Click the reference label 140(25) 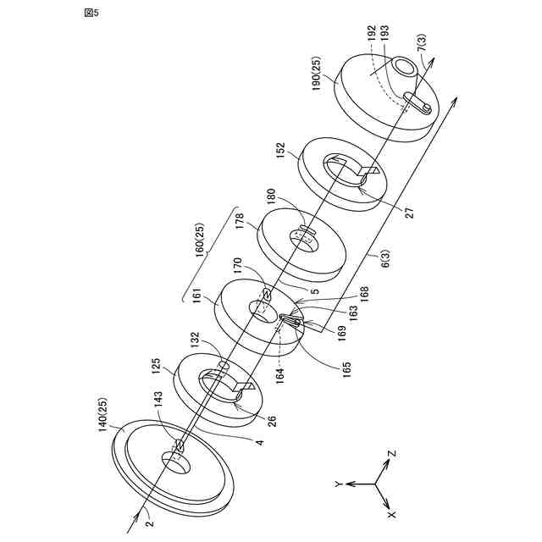tap(105, 416)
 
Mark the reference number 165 tap(345, 367)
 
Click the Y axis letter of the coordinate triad tap(337, 484)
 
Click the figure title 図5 tap(91, 14)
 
